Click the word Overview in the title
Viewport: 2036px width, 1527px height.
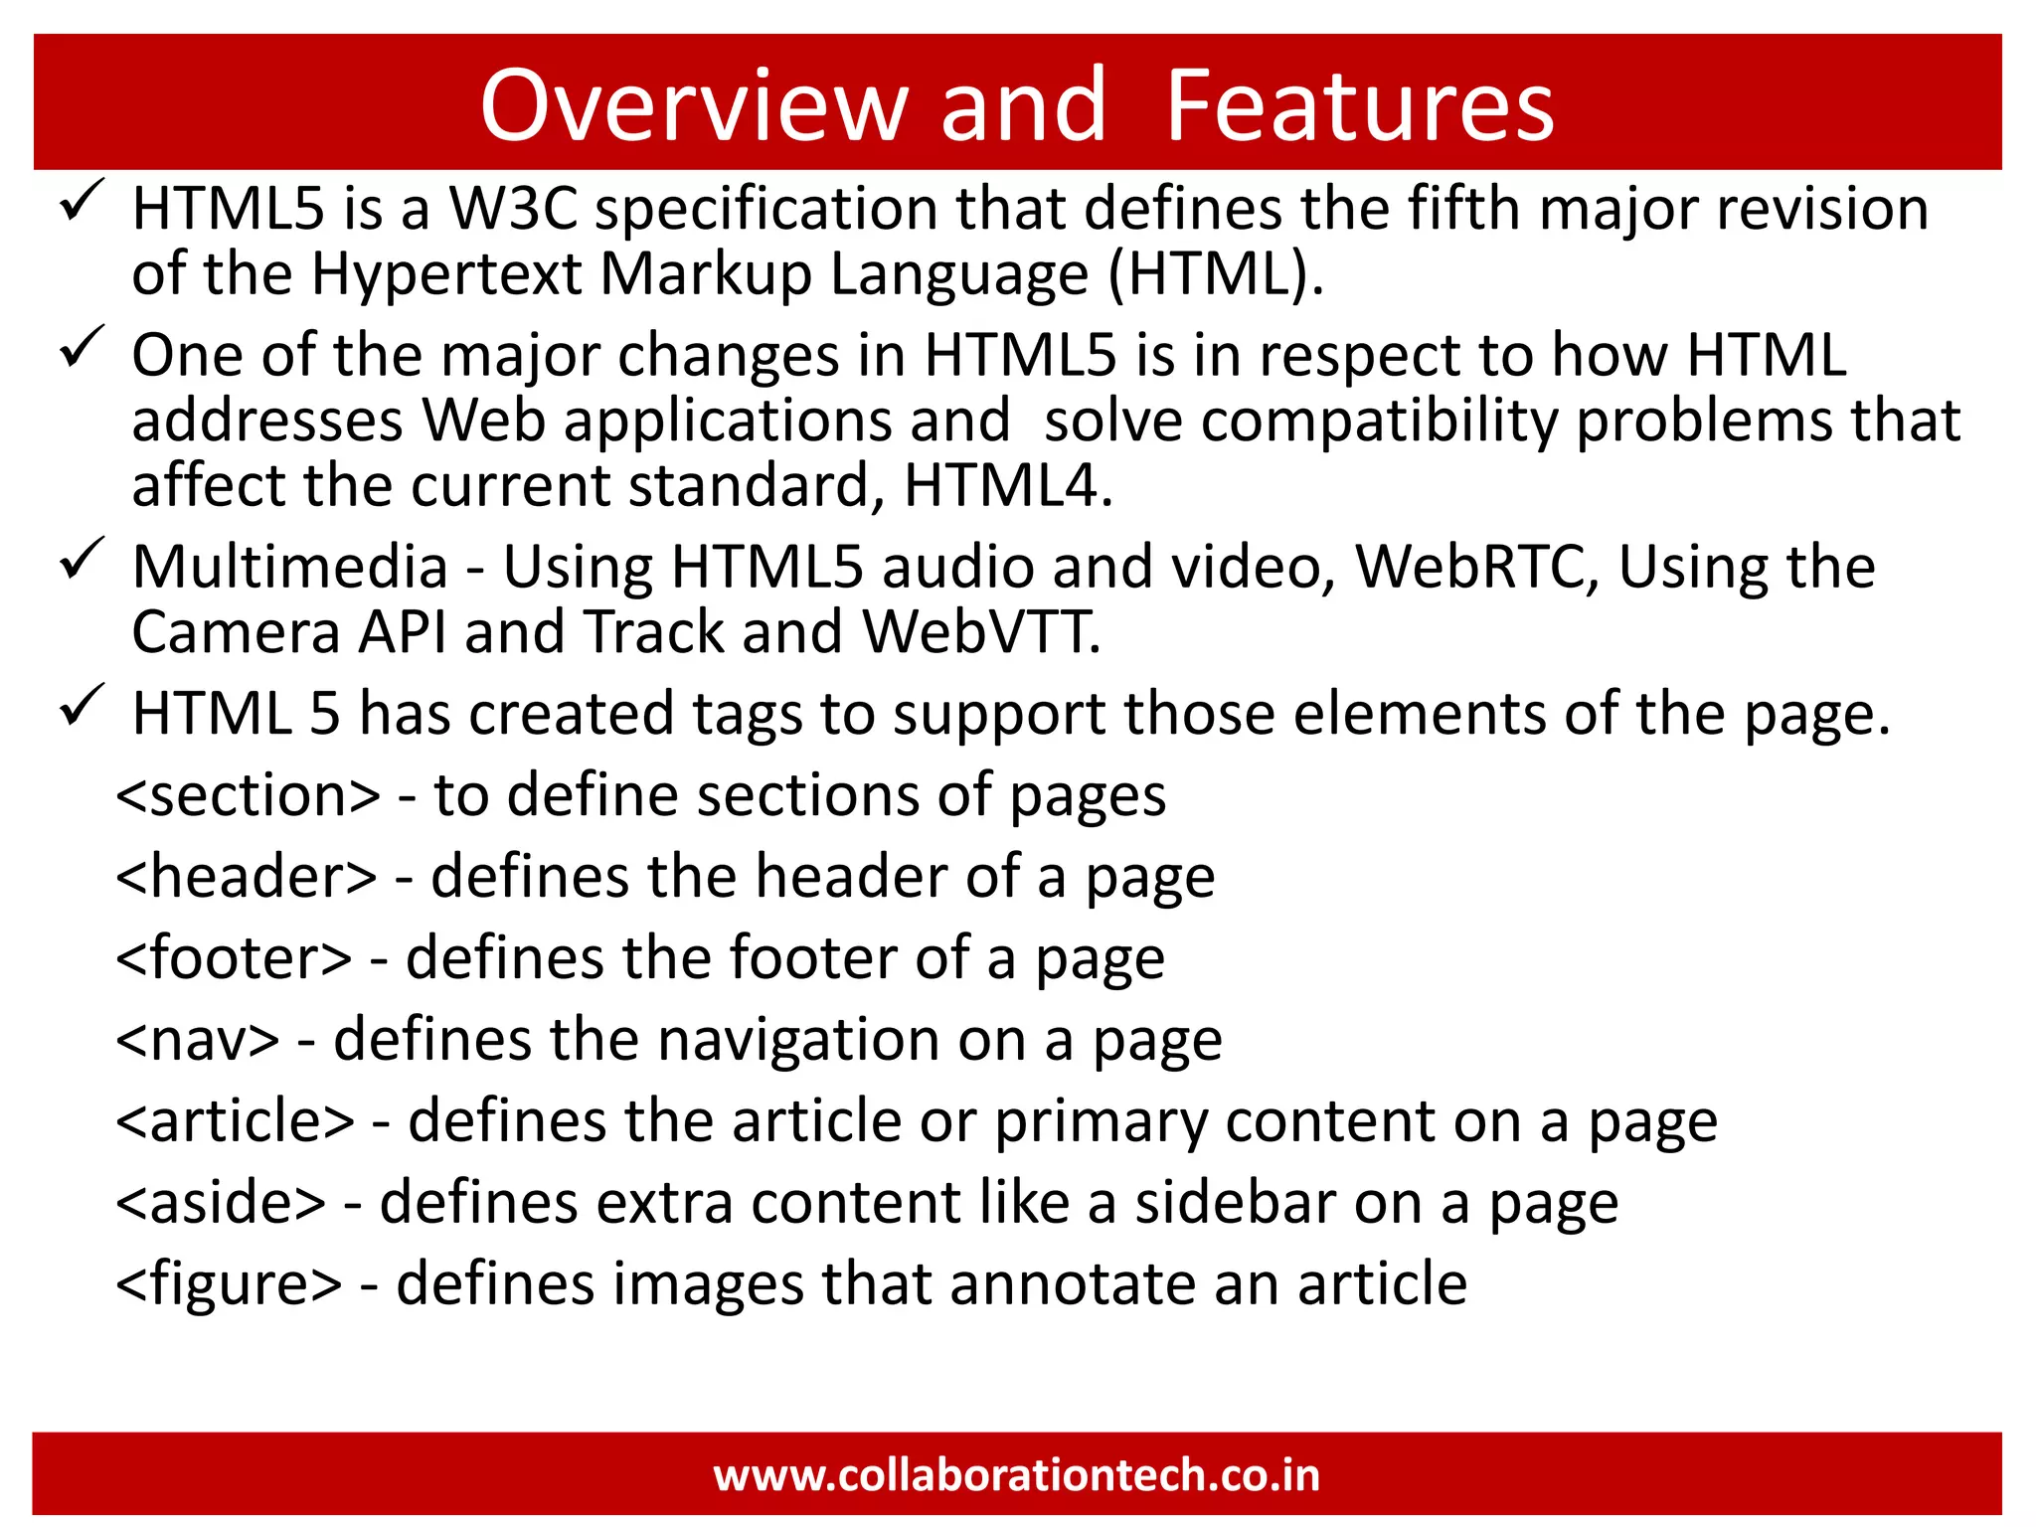click(694, 105)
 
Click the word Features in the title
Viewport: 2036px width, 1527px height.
click(1359, 105)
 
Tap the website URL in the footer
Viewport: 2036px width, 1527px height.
click(1017, 1474)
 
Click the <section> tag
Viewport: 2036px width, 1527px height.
click(249, 795)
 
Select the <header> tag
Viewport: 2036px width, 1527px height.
click(247, 877)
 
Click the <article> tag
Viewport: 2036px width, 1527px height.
click(236, 1121)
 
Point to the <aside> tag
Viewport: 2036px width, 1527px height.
click(221, 1203)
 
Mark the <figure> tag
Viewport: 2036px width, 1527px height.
click(229, 1284)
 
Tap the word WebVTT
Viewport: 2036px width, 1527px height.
click(981, 632)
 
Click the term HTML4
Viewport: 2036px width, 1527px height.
click(1006, 486)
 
